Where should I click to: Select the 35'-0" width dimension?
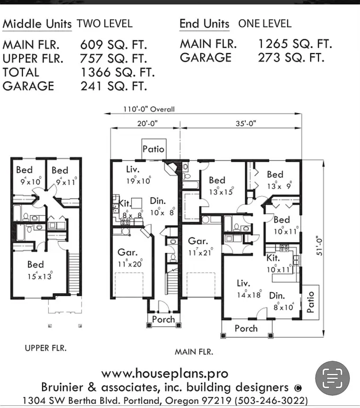245,124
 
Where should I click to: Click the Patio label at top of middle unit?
153,149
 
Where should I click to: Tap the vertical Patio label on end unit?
311,301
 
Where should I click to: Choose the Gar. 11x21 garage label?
200,246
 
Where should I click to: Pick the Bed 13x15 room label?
218,186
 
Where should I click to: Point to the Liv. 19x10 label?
138,175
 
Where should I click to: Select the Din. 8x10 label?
282,301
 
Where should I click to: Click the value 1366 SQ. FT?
117,72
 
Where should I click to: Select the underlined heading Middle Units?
37,24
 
